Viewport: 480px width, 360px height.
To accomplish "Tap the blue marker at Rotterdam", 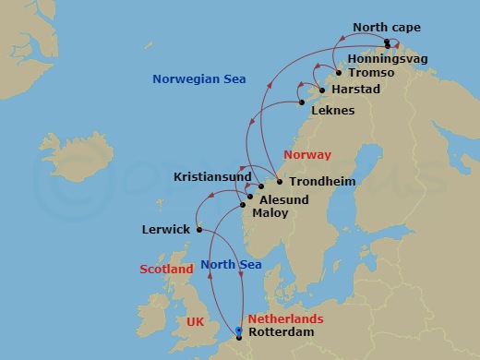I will [238, 330].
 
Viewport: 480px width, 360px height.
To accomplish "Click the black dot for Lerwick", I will [198, 230].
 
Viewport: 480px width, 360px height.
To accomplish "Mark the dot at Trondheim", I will [280, 181].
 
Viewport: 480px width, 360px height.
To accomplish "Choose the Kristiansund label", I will [211, 175].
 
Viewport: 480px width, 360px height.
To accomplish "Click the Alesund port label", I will [283, 198].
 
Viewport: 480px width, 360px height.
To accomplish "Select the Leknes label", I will [333, 111].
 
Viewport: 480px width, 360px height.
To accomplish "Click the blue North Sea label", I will [231, 265].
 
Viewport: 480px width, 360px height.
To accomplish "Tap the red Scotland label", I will [167, 270].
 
